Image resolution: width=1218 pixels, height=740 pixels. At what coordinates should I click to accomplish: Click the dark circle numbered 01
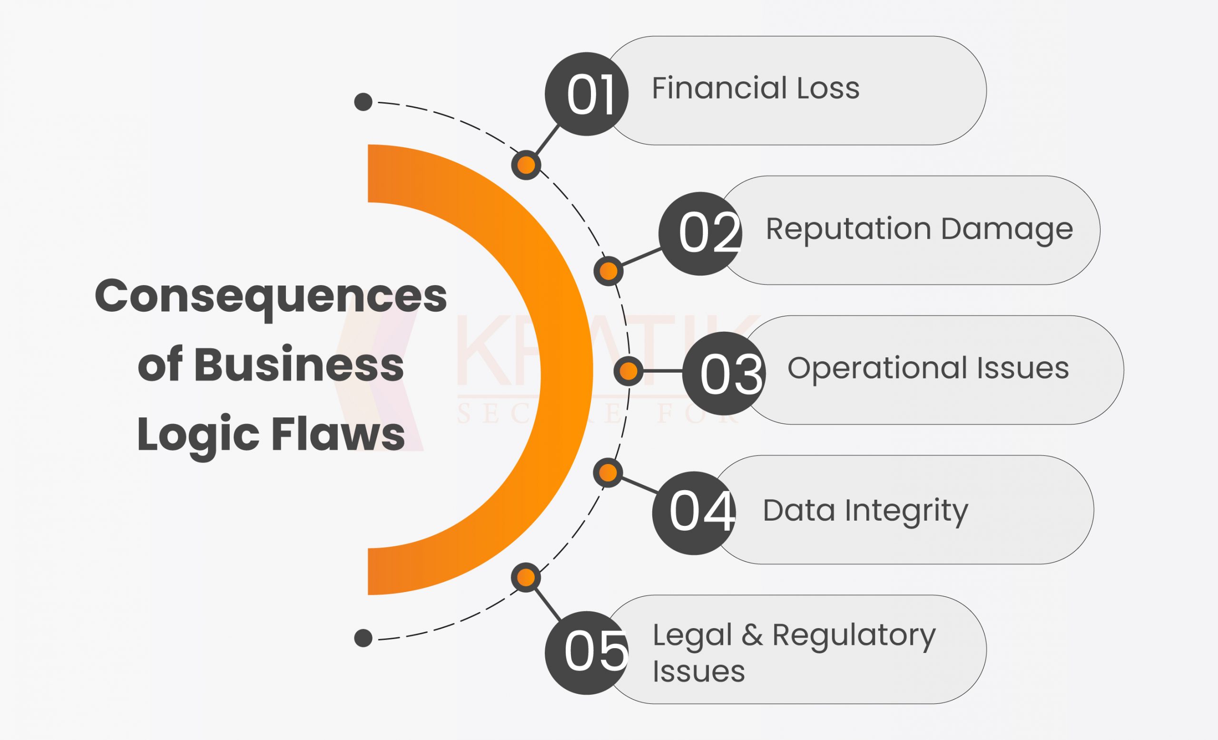pyautogui.click(x=586, y=94)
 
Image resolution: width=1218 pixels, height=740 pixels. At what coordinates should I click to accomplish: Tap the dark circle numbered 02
pyautogui.click(x=700, y=233)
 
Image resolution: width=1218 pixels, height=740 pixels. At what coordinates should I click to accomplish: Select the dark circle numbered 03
pyautogui.click(x=724, y=373)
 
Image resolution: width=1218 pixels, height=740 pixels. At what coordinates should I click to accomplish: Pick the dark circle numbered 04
pyautogui.click(x=694, y=513)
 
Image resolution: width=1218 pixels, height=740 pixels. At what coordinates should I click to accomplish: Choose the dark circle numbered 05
pyautogui.click(x=586, y=652)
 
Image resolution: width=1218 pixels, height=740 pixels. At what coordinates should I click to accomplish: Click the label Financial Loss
pyautogui.click(x=756, y=89)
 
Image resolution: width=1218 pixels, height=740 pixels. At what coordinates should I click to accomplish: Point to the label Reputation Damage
pyautogui.click(x=919, y=229)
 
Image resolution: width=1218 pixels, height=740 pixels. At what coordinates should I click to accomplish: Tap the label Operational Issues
pyautogui.click(x=928, y=368)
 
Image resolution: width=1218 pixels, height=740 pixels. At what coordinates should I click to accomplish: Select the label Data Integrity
pyautogui.click(x=865, y=510)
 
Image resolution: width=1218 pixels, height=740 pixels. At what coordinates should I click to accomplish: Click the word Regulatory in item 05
pyautogui.click(x=854, y=636)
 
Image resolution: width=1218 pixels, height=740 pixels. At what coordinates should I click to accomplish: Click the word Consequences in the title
pyautogui.click(x=270, y=296)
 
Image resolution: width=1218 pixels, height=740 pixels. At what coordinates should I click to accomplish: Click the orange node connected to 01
pyautogui.click(x=526, y=165)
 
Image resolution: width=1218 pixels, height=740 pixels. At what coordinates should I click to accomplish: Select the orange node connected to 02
pyautogui.click(x=609, y=271)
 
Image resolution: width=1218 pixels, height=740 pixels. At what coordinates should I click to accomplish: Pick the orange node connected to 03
pyautogui.click(x=629, y=371)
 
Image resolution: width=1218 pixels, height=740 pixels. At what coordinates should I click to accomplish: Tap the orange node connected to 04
pyautogui.click(x=608, y=473)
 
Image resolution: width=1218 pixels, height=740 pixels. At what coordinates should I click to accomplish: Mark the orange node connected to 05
pyautogui.click(x=526, y=577)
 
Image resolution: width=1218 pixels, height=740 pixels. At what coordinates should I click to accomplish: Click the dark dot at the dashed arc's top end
pyautogui.click(x=363, y=102)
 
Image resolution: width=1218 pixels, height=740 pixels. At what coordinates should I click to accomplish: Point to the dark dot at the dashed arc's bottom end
pyautogui.click(x=363, y=638)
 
